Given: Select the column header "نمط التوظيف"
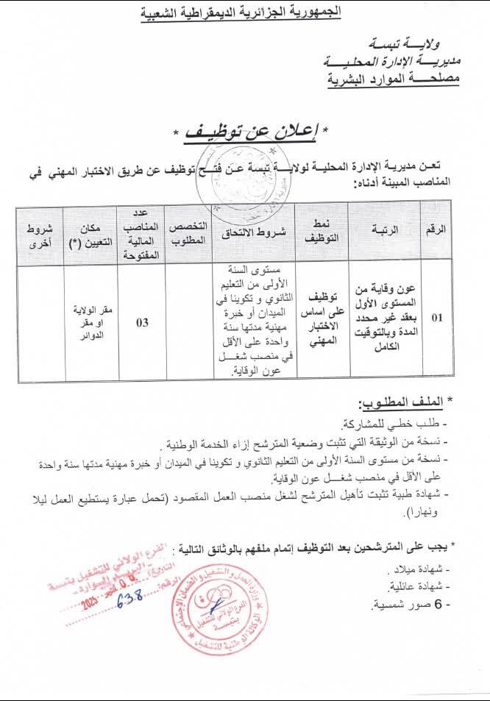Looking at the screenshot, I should click(x=321, y=230).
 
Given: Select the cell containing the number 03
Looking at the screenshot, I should click(x=143, y=322).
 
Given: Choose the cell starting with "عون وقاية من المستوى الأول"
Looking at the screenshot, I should click(x=383, y=316).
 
